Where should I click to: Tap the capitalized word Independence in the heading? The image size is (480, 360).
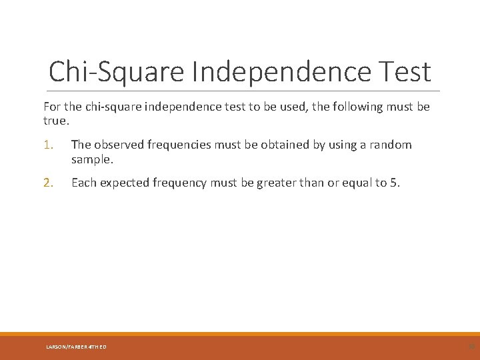[287, 71]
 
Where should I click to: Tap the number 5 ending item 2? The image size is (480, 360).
[395, 183]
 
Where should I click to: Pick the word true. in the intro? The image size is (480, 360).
[55, 121]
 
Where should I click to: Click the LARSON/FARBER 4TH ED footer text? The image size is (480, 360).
[76, 347]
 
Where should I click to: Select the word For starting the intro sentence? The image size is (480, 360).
[52, 107]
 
